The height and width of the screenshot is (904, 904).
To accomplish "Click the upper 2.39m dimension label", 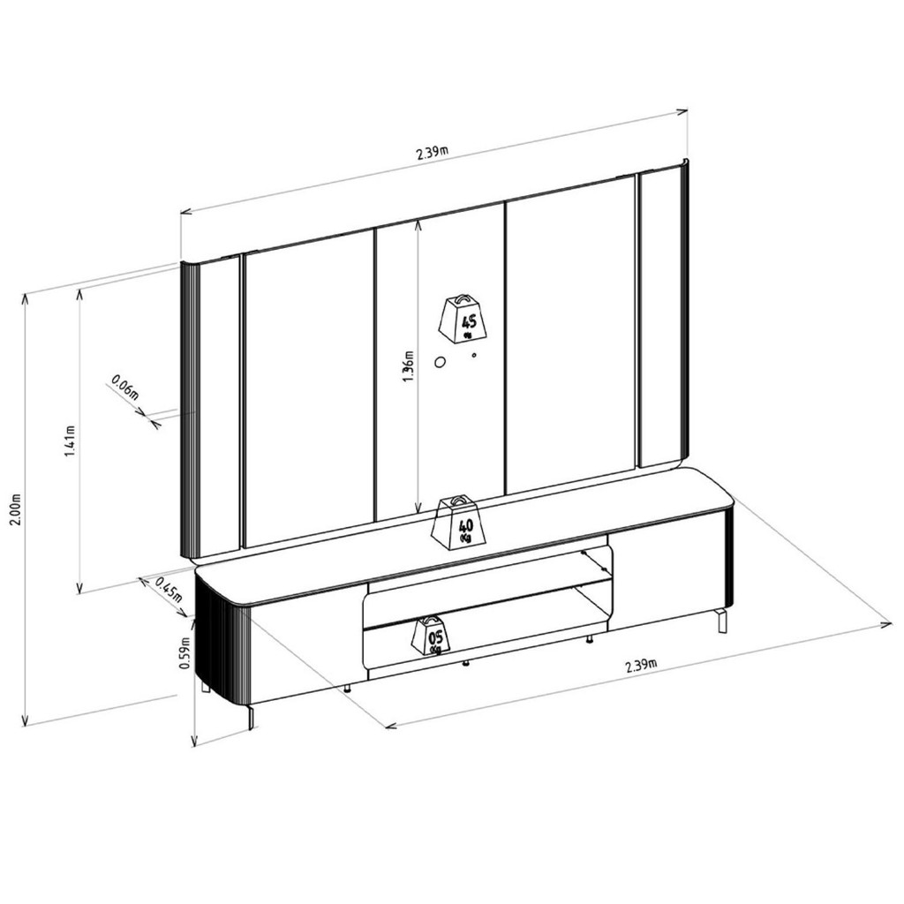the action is point(432,154).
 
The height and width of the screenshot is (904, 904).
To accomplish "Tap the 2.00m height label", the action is point(16,509).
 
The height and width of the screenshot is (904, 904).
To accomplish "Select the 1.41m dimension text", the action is point(70,441).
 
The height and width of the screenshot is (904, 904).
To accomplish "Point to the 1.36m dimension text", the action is point(409,366).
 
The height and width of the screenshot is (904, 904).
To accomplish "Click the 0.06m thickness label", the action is point(125,387).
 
